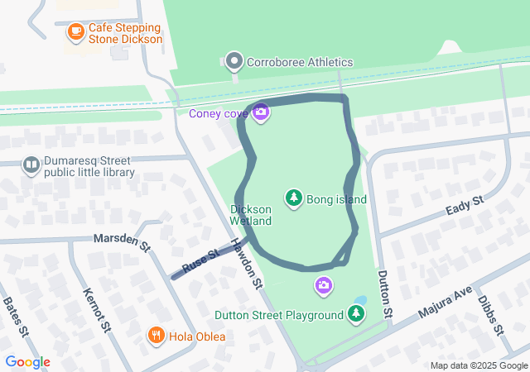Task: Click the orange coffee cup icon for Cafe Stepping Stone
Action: (76, 31)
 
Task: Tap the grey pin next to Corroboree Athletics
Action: (234, 62)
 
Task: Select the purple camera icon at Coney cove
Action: (261, 112)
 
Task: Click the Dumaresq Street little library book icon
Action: (31, 166)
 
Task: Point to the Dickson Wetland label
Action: (250, 215)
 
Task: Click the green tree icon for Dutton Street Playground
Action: (355, 313)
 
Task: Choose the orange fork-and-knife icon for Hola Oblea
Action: (155, 336)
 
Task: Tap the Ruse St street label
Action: (200, 262)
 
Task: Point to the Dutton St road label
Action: (383, 294)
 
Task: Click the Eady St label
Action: (464, 203)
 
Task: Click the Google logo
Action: (27, 362)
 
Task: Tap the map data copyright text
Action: (479, 365)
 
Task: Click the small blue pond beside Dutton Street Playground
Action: (359, 299)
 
